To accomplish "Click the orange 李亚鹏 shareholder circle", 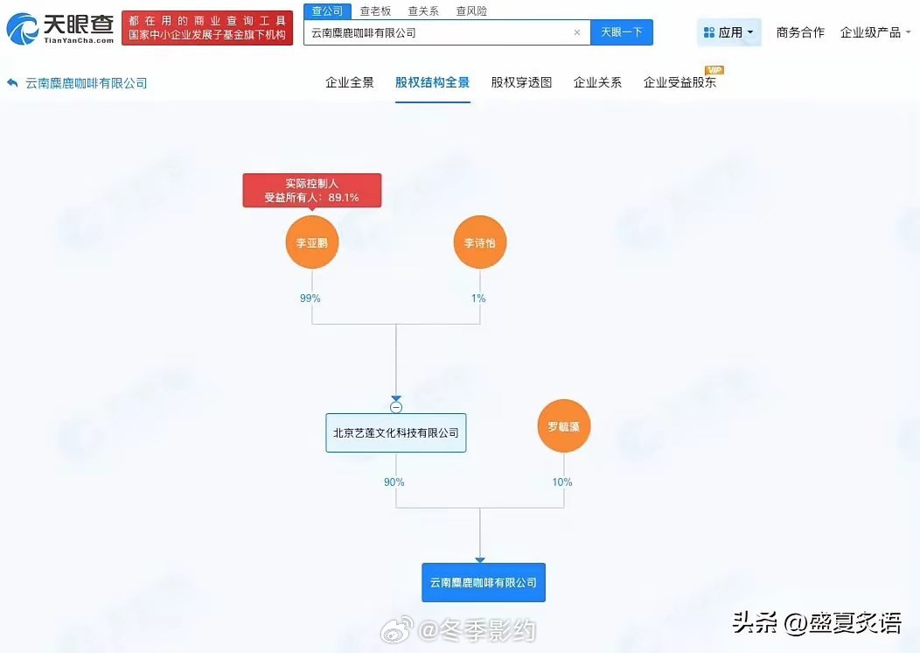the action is [311, 242].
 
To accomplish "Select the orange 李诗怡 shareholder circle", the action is [480, 242].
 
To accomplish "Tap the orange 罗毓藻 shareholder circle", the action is [564, 427].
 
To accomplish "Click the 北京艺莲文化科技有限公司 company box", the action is [396, 432].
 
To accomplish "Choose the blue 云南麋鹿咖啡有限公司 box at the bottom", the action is [483, 582].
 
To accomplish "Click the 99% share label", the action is [310, 298].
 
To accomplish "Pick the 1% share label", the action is [478, 298].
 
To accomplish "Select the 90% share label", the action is [394, 482].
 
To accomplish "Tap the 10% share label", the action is [562, 482].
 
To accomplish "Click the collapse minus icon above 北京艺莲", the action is [396, 407].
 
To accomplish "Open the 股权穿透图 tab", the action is [521, 82].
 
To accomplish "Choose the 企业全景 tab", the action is [350, 82].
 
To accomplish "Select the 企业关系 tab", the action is [597, 82].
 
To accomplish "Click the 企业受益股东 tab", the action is [680, 82].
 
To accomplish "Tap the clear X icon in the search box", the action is [577, 32].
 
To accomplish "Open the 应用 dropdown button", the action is [729, 32].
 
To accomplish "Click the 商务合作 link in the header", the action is [800, 32].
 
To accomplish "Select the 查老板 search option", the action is [375, 11].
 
